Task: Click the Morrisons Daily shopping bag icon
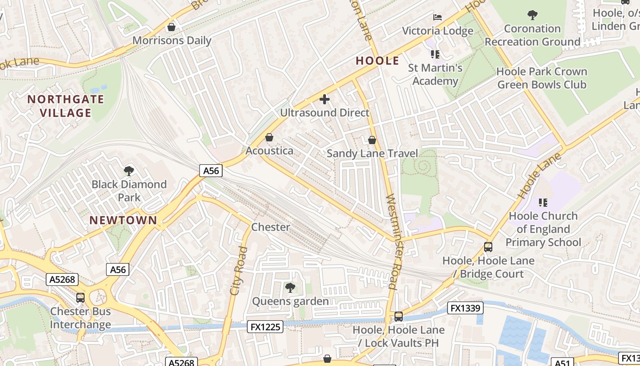(x=171, y=27)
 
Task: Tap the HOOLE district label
(x=378, y=61)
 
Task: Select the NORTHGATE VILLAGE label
(x=66, y=106)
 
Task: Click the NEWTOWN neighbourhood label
(x=123, y=220)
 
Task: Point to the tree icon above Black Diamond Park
(x=129, y=171)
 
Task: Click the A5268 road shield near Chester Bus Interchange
(x=62, y=280)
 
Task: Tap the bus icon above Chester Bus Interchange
(x=80, y=298)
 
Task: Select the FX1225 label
(x=265, y=327)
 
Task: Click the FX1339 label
(x=465, y=308)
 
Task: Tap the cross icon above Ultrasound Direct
(x=325, y=99)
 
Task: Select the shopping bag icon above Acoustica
(x=269, y=137)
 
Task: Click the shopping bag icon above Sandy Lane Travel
(x=372, y=140)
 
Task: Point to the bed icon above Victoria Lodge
(x=437, y=17)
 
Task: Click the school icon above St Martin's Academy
(x=435, y=54)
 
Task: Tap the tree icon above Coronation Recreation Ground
(x=532, y=15)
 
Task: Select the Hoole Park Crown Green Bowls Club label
(x=542, y=78)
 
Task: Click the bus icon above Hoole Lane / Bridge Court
(x=488, y=247)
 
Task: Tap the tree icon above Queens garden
(x=290, y=287)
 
